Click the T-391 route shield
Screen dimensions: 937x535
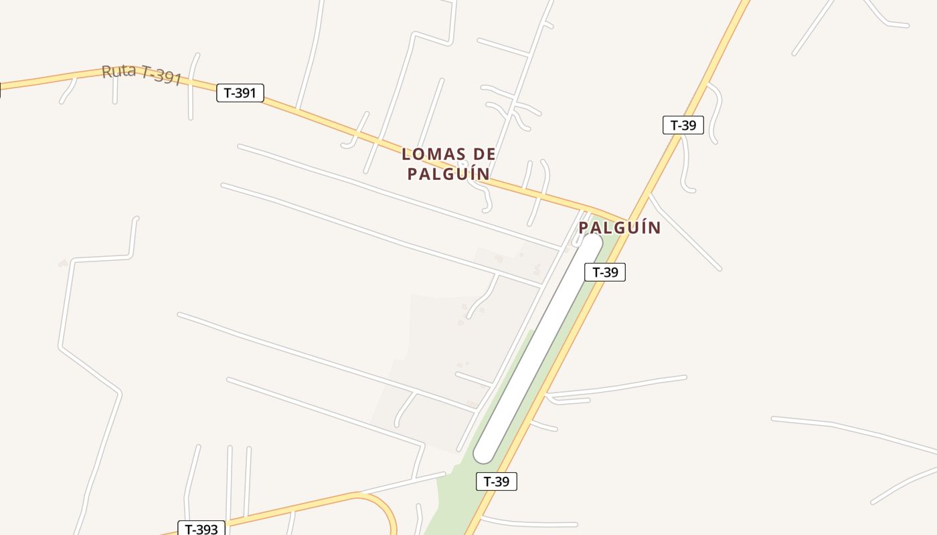pyautogui.click(x=240, y=93)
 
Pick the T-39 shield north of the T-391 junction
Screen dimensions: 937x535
pyautogui.click(x=683, y=125)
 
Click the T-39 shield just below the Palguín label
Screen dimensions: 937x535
pyautogui.click(x=604, y=272)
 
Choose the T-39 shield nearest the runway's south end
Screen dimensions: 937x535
pyautogui.click(x=496, y=481)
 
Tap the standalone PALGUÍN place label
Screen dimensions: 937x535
pyautogui.click(x=619, y=228)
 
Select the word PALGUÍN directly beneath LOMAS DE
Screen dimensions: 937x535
pyautogui.click(x=448, y=175)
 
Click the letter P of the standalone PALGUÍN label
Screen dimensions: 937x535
pyautogui.click(x=584, y=228)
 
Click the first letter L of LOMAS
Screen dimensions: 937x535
pyautogui.click(x=406, y=154)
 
